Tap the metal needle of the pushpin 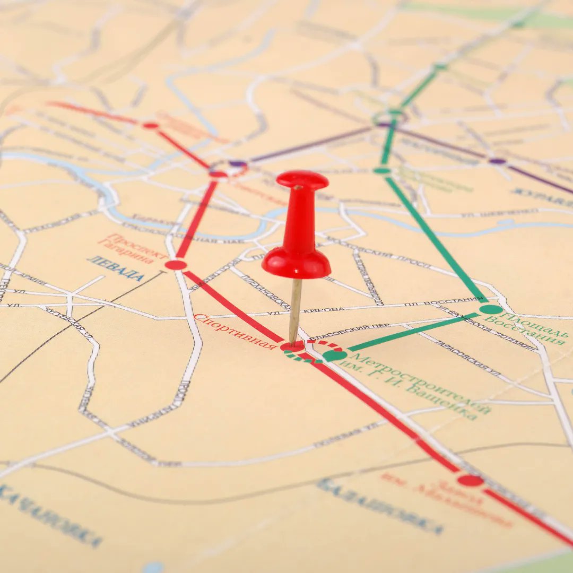295,310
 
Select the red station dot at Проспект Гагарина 176,265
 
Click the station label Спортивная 235,332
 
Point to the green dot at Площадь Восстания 491,309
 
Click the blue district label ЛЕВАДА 115,268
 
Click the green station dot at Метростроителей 334,355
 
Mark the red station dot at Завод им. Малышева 471,481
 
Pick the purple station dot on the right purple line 497,161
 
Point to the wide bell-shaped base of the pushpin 296,263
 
